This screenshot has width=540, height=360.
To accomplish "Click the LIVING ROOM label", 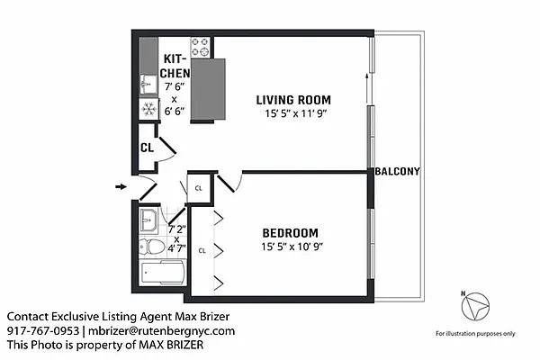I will click(x=292, y=100).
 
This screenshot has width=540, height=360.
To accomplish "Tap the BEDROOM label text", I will click(x=293, y=230).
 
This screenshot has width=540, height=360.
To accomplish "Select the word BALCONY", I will click(x=398, y=171).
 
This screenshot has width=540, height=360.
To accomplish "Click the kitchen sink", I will click(x=148, y=85).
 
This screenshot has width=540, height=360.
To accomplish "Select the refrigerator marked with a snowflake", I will click(x=148, y=109).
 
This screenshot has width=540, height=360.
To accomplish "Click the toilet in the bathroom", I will click(x=152, y=247).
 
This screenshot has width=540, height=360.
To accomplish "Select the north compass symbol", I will click(x=473, y=307).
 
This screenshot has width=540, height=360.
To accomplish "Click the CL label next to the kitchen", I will click(x=146, y=148).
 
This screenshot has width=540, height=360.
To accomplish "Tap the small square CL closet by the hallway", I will click(x=198, y=188).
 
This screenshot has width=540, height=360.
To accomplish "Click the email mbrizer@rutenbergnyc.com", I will click(x=160, y=331).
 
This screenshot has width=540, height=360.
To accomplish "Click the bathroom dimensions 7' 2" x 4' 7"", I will click(x=176, y=238).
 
